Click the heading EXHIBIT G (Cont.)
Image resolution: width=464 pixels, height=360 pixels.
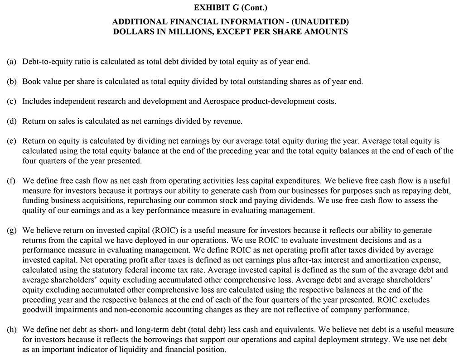(x=232, y=8)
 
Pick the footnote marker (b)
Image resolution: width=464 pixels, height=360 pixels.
(x=12, y=82)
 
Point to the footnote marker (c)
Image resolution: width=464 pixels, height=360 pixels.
(x=12, y=101)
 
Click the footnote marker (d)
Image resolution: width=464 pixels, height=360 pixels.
(x=12, y=121)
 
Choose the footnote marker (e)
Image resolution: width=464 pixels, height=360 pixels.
(x=12, y=141)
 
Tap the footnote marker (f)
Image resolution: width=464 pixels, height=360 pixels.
(x=11, y=180)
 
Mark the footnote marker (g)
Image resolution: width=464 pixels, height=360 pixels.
(x=12, y=230)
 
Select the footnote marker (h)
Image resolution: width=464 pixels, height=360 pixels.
(x=12, y=329)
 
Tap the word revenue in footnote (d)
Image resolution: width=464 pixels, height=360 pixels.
(x=228, y=121)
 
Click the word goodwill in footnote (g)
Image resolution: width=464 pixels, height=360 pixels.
(x=39, y=310)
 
